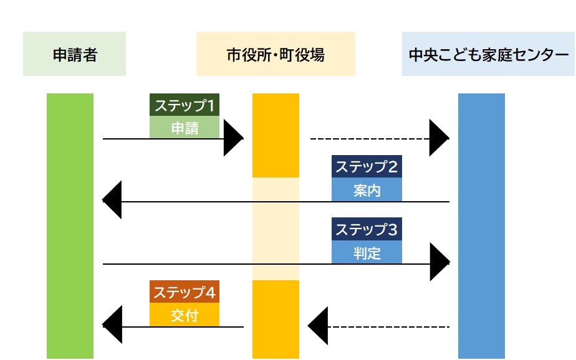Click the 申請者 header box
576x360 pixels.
point(74,54)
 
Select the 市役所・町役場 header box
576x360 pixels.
point(276,54)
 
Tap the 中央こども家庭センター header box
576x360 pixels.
point(488,54)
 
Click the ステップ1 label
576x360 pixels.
point(185,105)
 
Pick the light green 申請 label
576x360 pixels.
point(185,128)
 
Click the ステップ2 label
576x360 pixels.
point(367,167)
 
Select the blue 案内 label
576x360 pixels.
point(367,190)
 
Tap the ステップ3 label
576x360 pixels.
point(367,229)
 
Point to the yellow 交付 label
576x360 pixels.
point(185,315)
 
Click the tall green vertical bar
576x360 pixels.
point(70,225)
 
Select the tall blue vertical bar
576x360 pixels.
point(481,225)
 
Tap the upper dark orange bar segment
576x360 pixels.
point(276,135)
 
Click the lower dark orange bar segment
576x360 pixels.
point(276,319)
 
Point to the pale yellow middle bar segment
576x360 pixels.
point(276,229)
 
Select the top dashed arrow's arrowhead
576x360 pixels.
point(439,138)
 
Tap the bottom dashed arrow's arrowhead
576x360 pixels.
point(317,326)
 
